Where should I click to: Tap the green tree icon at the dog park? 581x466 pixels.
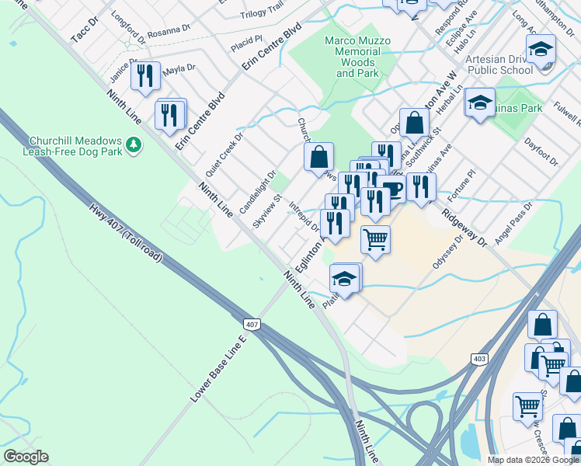pyautogui.click(x=134, y=144)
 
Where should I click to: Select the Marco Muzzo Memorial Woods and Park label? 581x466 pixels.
pyautogui.click(x=357, y=57)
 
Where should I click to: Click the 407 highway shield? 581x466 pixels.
pyautogui.click(x=251, y=324)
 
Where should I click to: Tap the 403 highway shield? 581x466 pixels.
pyautogui.click(x=479, y=358)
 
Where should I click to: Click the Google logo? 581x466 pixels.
pyautogui.click(x=26, y=457)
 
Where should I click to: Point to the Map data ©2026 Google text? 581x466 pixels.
pyautogui.click(x=534, y=460)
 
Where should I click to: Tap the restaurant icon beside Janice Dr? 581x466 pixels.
pyautogui.click(x=144, y=75)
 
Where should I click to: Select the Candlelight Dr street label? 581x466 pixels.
pyautogui.click(x=258, y=193)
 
